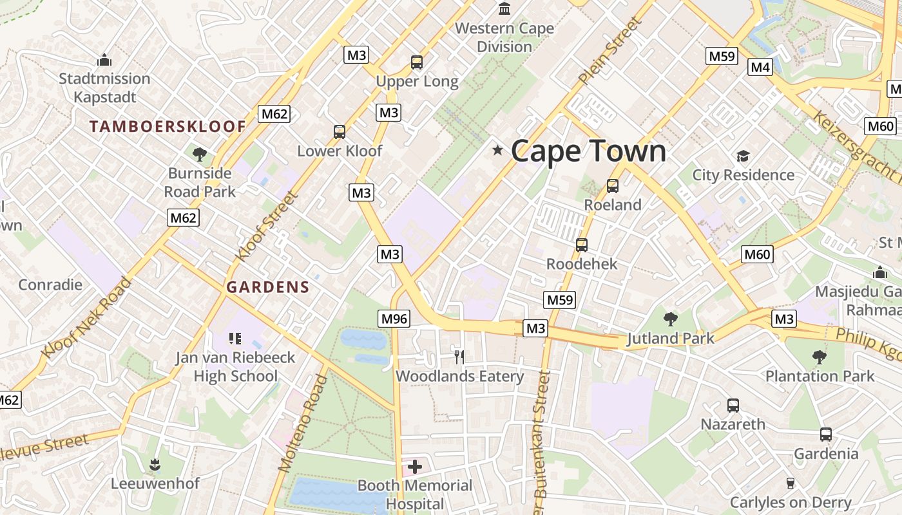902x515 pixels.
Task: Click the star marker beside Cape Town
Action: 497,151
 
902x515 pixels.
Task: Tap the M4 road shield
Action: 760,67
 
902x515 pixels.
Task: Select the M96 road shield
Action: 394,318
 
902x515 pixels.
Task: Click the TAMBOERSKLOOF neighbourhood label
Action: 168,126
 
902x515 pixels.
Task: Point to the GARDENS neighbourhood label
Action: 268,287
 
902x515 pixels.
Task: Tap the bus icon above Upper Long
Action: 417,62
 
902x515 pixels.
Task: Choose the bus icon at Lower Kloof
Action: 340,132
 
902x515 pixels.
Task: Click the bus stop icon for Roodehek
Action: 582,245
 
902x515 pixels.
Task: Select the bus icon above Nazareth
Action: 733,406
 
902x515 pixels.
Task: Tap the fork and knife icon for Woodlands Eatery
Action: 459,357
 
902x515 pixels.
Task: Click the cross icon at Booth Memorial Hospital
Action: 415,467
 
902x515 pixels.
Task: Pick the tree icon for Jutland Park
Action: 671,319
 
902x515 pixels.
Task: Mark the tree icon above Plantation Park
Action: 820,357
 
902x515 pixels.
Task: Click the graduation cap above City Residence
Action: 744,156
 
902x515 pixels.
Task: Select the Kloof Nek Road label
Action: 86,319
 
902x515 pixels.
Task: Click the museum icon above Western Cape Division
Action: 504,9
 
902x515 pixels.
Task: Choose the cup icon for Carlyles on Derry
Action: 791,483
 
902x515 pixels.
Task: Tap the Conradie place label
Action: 50,285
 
